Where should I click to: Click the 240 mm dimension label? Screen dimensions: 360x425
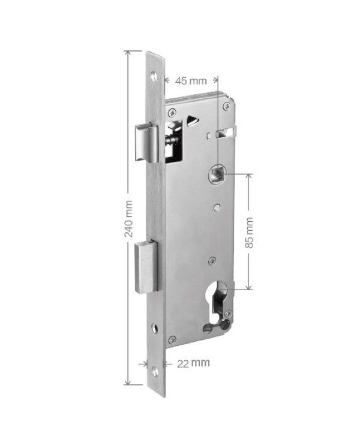tap(128, 219)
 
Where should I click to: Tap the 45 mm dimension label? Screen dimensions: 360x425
tap(191, 80)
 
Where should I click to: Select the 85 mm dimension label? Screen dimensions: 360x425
tap(248, 233)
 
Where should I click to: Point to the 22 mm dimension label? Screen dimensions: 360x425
tap(193, 363)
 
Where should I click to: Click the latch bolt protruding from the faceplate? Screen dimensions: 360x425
tap(147, 143)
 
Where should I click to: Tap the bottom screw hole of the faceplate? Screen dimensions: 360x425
tap(155, 372)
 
